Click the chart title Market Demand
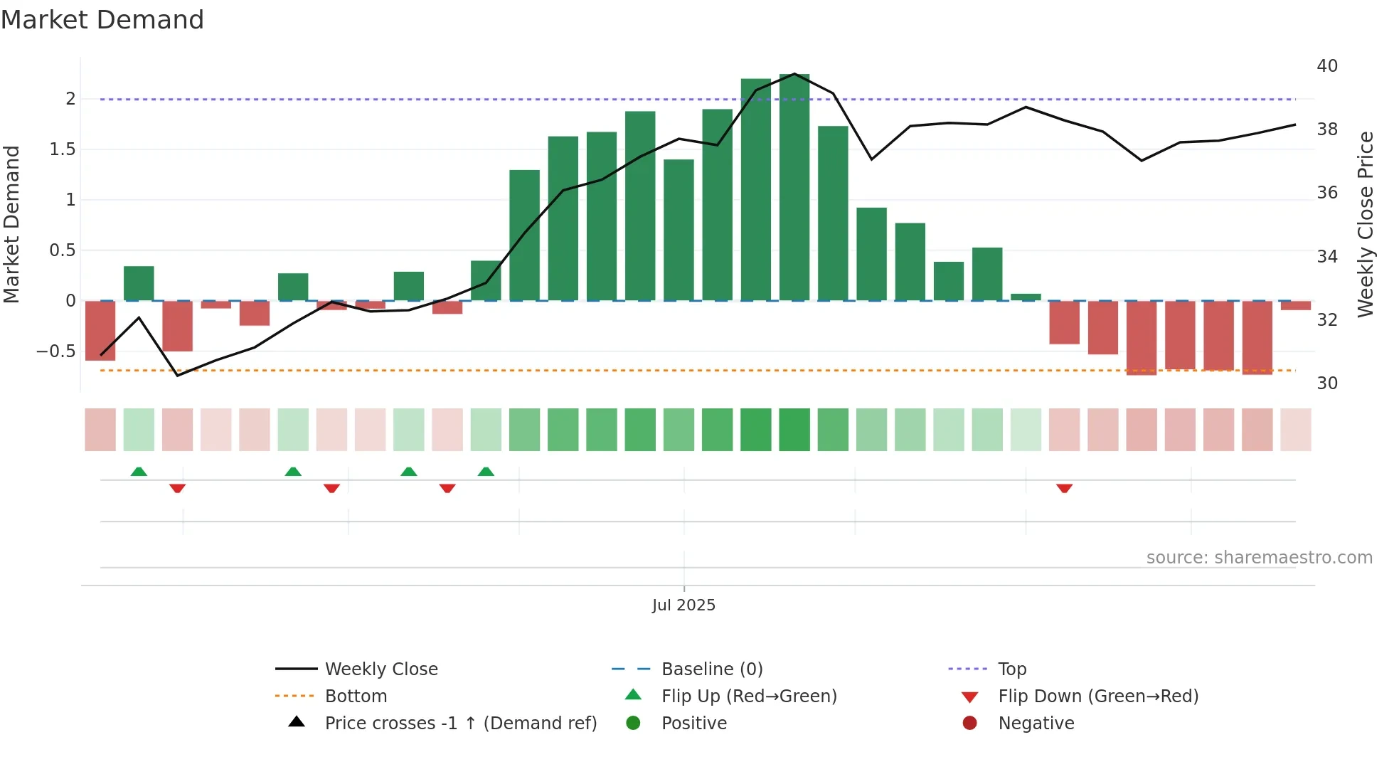(102, 20)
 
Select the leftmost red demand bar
(100, 331)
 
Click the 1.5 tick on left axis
(62, 149)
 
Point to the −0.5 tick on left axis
(55, 351)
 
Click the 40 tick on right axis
(1327, 66)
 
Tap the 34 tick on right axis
(1327, 256)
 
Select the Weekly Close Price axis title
(1366, 224)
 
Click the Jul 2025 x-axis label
(683, 605)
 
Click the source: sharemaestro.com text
(1259, 558)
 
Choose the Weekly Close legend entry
(381, 669)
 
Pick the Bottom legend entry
(356, 696)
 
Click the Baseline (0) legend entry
(711, 669)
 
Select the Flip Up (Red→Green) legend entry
(748, 696)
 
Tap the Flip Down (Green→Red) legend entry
(1097, 696)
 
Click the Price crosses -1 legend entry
(460, 724)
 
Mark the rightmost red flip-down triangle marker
(1064, 488)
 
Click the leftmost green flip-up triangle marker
(139, 472)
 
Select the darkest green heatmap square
(794, 430)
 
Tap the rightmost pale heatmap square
(1296, 430)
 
